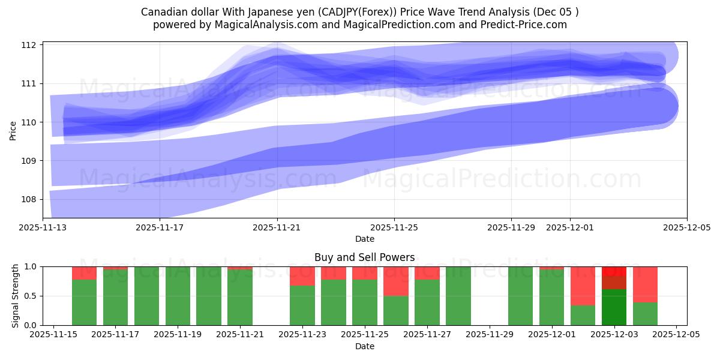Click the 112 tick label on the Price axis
pyautogui.click(x=29, y=45)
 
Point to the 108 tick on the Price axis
pyautogui.click(x=29, y=199)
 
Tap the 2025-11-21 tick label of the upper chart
pyautogui.click(x=277, y=227)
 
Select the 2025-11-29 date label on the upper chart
pyautogui.click(x=511, y=227)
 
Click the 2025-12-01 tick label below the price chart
pyautogui.click(x=570, y=227)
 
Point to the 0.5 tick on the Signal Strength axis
pyautogui.click(x=31, y=296)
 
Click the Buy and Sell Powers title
pyautogui.click(x=364, y=257)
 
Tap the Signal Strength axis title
pyautogui.click(x=16, y=296)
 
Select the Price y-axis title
pyautogui.click(x=13, y=131)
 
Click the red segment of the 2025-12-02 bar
pyautogui.click(x=583, y=286)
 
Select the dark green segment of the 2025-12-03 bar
pyautogui.click(x=614, y=307)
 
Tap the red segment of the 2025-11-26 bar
pyautogui.click(x=396, y=281)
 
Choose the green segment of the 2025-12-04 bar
pyautogui.click(x=645, y=314)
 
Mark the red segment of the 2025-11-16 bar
pyautogui.click(x=84, y=273)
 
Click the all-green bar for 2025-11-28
pyautogui.click(x=458, y=296)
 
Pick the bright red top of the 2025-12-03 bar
pyautogui.click(x=614, y=271)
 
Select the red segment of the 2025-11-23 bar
pyautogui.click(x=302, y=276)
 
